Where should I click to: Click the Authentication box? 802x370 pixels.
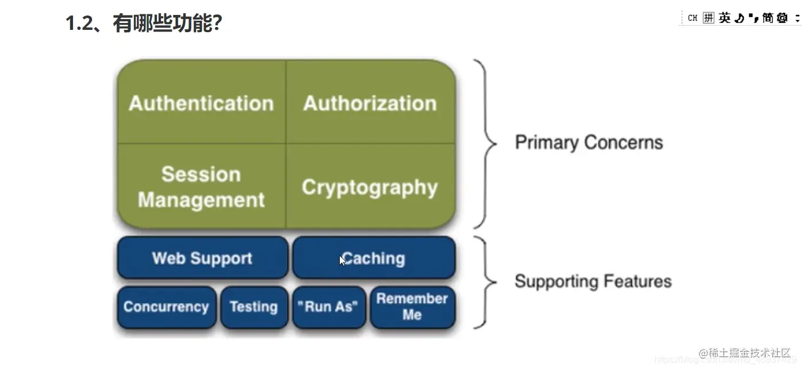[x=201, y=103]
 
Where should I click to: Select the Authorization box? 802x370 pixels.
[x=370, y=103]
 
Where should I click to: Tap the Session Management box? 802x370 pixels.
[x=201, y=187]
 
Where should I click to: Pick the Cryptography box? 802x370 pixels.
[x=370, y=187]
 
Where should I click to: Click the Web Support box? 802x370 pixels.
[x=202, y=258]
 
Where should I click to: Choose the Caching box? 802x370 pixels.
[x=374, y=258]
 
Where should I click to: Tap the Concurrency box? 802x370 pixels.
[x=166, y=307]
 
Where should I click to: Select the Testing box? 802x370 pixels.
[x=254, y=307]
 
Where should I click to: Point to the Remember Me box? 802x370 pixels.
[x=412, y=307]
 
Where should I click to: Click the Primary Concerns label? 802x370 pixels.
[x=589, y=142]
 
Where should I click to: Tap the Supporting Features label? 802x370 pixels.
[x=593, y=282]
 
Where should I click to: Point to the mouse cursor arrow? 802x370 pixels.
[x=343, y=260]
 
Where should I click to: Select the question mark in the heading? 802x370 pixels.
[x=216, y=24]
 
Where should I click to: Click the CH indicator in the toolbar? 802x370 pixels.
[x=692, y=18]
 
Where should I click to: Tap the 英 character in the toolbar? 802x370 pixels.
[x=724, y=18]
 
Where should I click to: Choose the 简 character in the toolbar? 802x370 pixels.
[x=768, y=18]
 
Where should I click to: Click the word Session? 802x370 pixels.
[x=201, y=174]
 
